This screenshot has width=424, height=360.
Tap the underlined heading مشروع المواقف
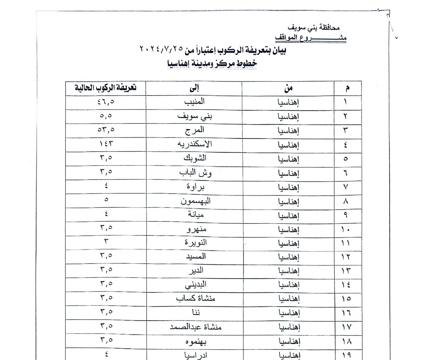point(311,38)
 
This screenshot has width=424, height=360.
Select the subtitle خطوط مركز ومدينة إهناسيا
point(212,64)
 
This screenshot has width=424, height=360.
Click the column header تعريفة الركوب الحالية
point(106,88)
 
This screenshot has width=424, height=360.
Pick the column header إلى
point(194,88)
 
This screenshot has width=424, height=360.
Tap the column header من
point(288,88)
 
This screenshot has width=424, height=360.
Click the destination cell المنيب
point(194,102)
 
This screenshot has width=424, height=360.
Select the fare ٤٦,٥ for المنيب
point(106,102)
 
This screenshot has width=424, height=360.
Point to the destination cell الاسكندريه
point(195,144)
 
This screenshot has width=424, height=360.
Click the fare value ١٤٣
point(106,144)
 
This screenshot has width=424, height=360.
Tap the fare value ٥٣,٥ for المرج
point(106,130)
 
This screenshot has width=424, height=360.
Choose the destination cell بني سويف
point(195,116)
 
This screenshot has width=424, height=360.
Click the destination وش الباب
point(195,172)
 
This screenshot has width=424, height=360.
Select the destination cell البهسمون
point(195,201)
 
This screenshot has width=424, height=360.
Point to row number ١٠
point(346,229)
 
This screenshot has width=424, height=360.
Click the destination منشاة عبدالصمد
point(196,327)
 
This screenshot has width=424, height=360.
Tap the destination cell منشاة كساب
point(196,299)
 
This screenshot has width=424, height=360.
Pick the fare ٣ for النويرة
point(106,241)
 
